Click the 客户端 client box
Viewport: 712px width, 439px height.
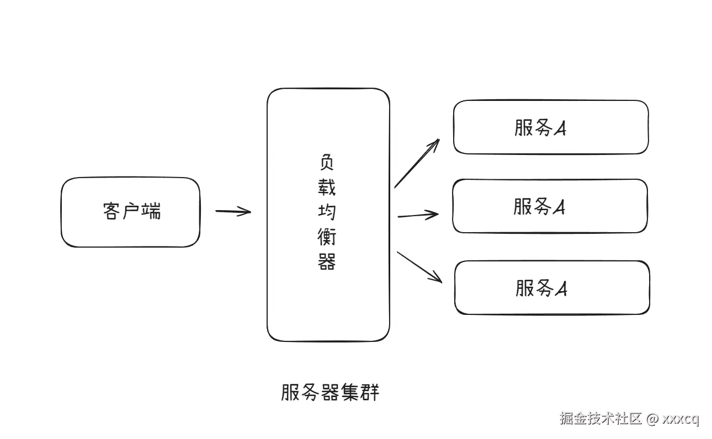(x=130, y=212)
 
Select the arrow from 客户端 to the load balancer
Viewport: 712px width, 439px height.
(x=233, y=211)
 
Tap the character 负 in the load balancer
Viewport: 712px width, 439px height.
(x=327, y=162)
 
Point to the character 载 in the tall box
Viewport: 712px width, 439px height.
(x=327, y=187)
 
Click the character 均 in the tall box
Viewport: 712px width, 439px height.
(x=327, y=212)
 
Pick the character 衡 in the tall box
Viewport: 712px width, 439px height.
(x=327, y=237)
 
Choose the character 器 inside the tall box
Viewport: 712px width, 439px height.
(x=327, y=261)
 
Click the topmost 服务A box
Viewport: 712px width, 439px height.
(x=550, y=127)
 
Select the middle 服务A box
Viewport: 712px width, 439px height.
(x=550, y=206)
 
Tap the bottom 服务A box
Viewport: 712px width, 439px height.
(x=552, y=287)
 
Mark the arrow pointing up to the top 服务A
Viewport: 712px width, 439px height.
(x=417, y=163)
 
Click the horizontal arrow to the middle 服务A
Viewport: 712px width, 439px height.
(x=418, y=215)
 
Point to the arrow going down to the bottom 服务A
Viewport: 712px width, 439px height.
(x=419, y=267)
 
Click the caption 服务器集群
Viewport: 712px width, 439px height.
(x=330, y=393)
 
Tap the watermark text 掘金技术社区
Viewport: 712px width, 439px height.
(x=601, y=419)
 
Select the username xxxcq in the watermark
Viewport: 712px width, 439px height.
(x=681, y=419)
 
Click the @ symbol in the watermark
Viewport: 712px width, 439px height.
(x=652, y=419)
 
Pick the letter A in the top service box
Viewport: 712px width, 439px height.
(x=560, y=129)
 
